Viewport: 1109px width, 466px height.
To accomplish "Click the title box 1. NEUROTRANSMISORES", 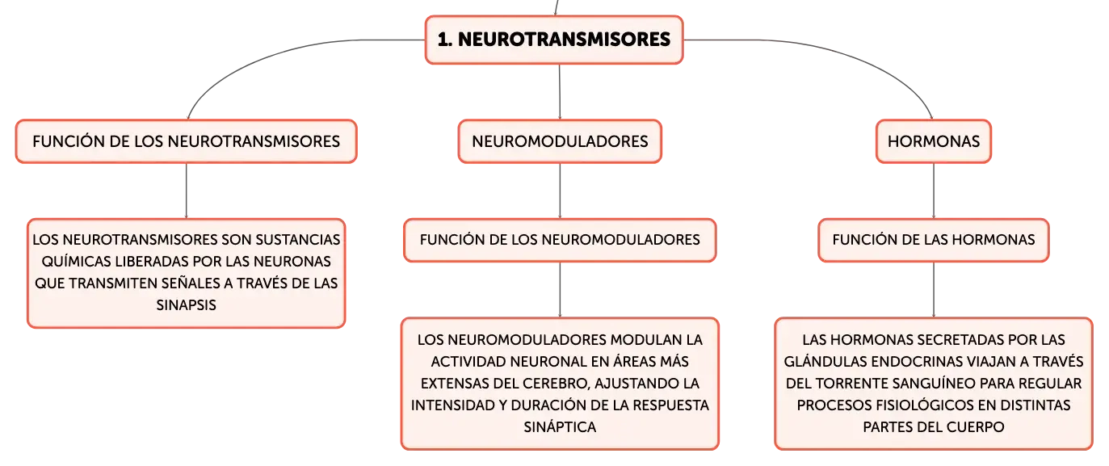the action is click(554, 40).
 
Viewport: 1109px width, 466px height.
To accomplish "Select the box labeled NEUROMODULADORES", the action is click(560, 141).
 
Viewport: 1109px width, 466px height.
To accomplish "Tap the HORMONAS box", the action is click(934, 141).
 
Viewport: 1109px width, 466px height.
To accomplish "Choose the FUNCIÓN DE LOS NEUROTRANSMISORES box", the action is click(186, 141).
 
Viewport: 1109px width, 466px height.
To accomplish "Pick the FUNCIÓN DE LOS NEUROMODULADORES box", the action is click(560, 240).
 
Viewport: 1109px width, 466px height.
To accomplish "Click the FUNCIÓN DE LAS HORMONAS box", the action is click(934, 240).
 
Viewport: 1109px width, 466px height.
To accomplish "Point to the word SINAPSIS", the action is click(186, 305).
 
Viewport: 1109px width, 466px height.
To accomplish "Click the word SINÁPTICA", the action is click(560, 427).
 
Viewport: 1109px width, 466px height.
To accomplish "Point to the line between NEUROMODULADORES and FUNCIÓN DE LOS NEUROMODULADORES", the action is click(560, 191).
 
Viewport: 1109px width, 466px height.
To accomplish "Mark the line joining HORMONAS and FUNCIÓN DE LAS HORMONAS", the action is click(934, 191).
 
